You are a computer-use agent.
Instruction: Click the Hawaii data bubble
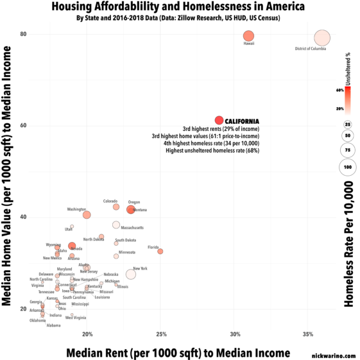click(248, 36)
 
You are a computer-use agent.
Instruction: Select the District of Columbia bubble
click(322, 39)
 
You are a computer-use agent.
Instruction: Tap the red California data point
click(219, 120)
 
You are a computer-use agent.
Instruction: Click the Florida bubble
click(160, 251)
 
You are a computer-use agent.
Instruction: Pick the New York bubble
click(131, 274)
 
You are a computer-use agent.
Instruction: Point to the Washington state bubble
click(87, 215)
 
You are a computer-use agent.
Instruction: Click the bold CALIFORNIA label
click(242, 121)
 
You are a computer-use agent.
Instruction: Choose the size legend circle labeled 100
click(347, 166)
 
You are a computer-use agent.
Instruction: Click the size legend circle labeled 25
click(347, 124)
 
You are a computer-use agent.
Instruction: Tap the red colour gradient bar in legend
click(347, 99)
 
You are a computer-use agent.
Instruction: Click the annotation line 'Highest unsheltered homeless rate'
click(212, 151)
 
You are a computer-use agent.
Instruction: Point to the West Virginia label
click(76, 318)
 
